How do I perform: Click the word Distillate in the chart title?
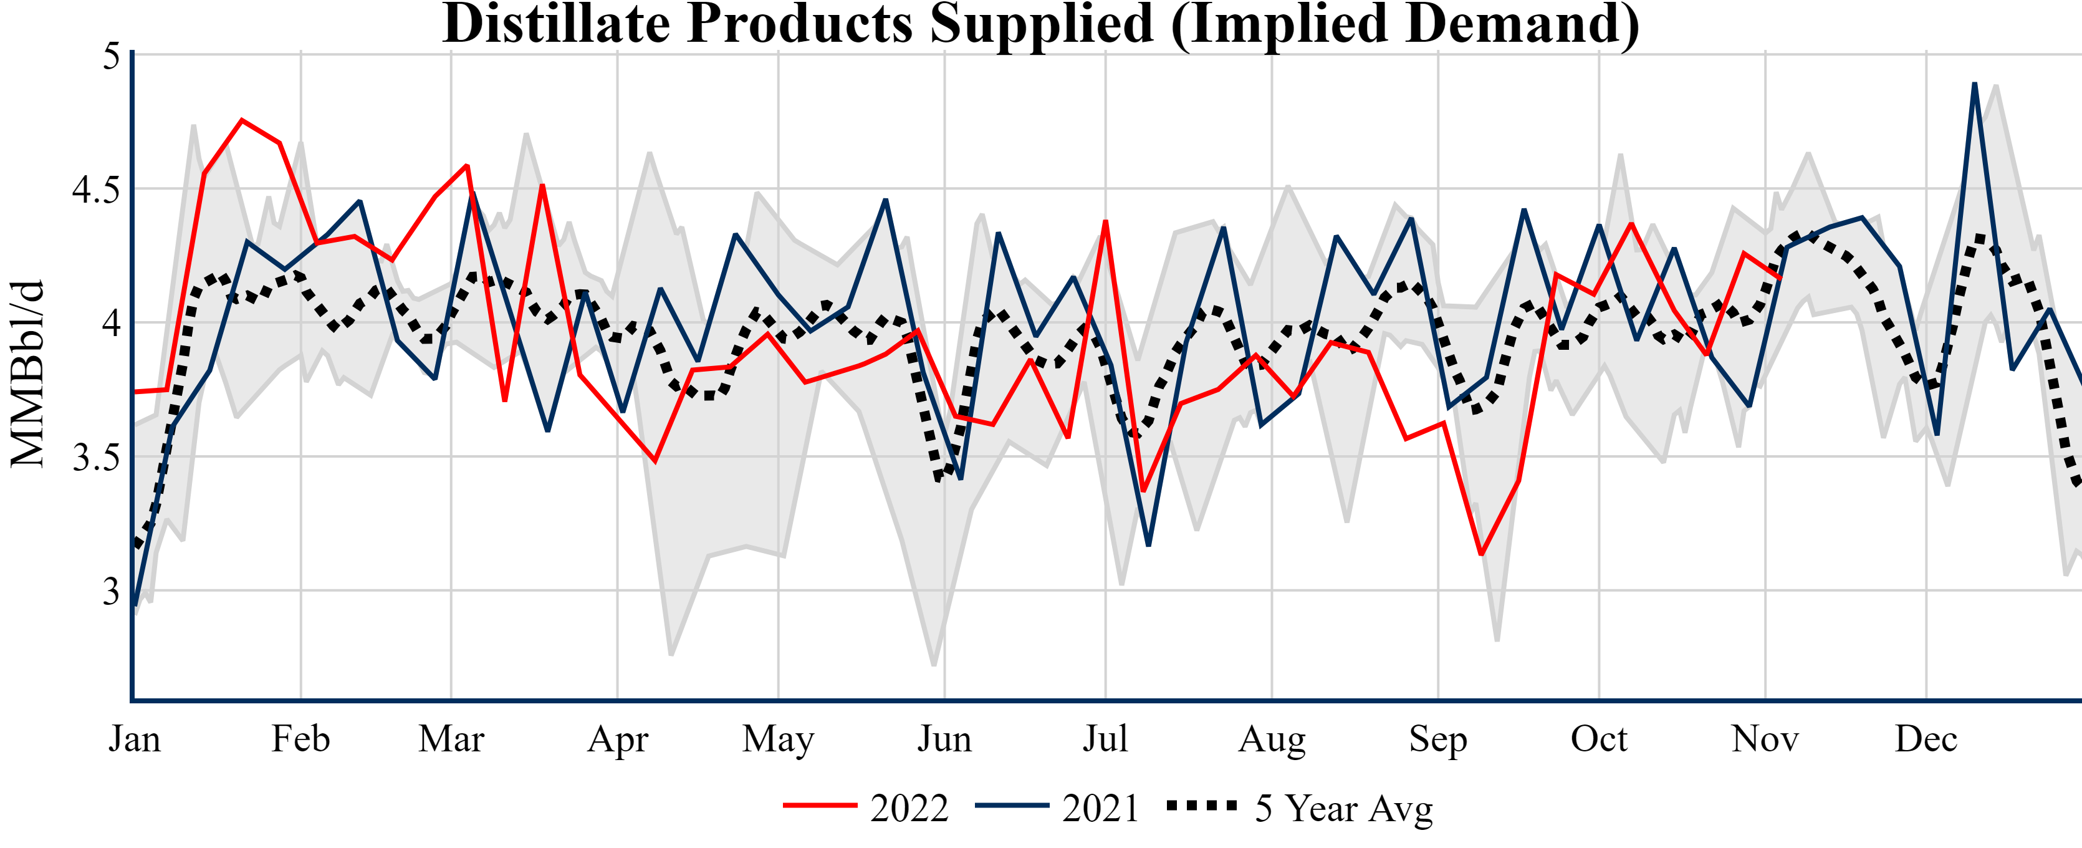(555, 24)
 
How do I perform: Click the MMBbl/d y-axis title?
(27, 373)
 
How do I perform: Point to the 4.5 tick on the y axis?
(95, 190)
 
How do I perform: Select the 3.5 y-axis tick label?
(95, 458)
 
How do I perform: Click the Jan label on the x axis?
(134, 739)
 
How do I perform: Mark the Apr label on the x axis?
(618, 739)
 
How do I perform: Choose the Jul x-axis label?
(1105, 739)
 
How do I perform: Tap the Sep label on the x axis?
(1438, 739)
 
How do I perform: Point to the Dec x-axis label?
(1926, 739)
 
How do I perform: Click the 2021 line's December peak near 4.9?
(1975, 84)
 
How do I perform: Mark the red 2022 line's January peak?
(242, 120)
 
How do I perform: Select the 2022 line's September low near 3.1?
(1480, 554)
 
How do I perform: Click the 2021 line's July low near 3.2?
(1148, 545)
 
